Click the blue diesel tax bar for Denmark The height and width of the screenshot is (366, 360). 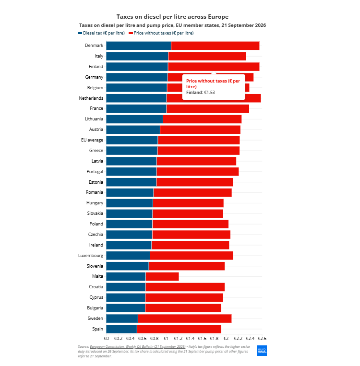[x=139, y=46]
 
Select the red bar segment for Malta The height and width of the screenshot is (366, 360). [x=162, y=277]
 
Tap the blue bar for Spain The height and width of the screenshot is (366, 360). [x=121, y=329]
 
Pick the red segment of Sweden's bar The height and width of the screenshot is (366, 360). [x=185, y=319]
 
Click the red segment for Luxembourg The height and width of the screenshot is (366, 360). [x=192, y=256]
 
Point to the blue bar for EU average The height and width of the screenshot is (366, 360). [x=132, y=140]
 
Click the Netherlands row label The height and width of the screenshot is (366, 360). [x=91, y=98]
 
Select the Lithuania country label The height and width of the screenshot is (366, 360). [x=94, y=119]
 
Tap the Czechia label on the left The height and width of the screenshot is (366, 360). [x=96, y=235]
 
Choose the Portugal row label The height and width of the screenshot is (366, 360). [x=95, y=172]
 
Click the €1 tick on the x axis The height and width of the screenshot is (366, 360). [x=166, y=339]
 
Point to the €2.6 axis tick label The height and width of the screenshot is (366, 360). [x=262, y=339]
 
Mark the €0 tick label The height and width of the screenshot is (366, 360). [x=106, y=339]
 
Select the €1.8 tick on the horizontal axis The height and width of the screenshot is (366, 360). [x=214, y=339]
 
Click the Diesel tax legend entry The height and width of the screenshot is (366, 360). [x=102, y=33]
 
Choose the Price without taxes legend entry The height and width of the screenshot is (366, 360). [x=161, y=33]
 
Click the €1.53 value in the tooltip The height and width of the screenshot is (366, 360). [x=210, y=93]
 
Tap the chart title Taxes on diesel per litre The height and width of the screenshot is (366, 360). [x=172, y=17]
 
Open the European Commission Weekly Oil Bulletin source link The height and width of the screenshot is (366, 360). [x=138, y=347]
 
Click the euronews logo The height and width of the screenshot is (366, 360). [x=262, y=351]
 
